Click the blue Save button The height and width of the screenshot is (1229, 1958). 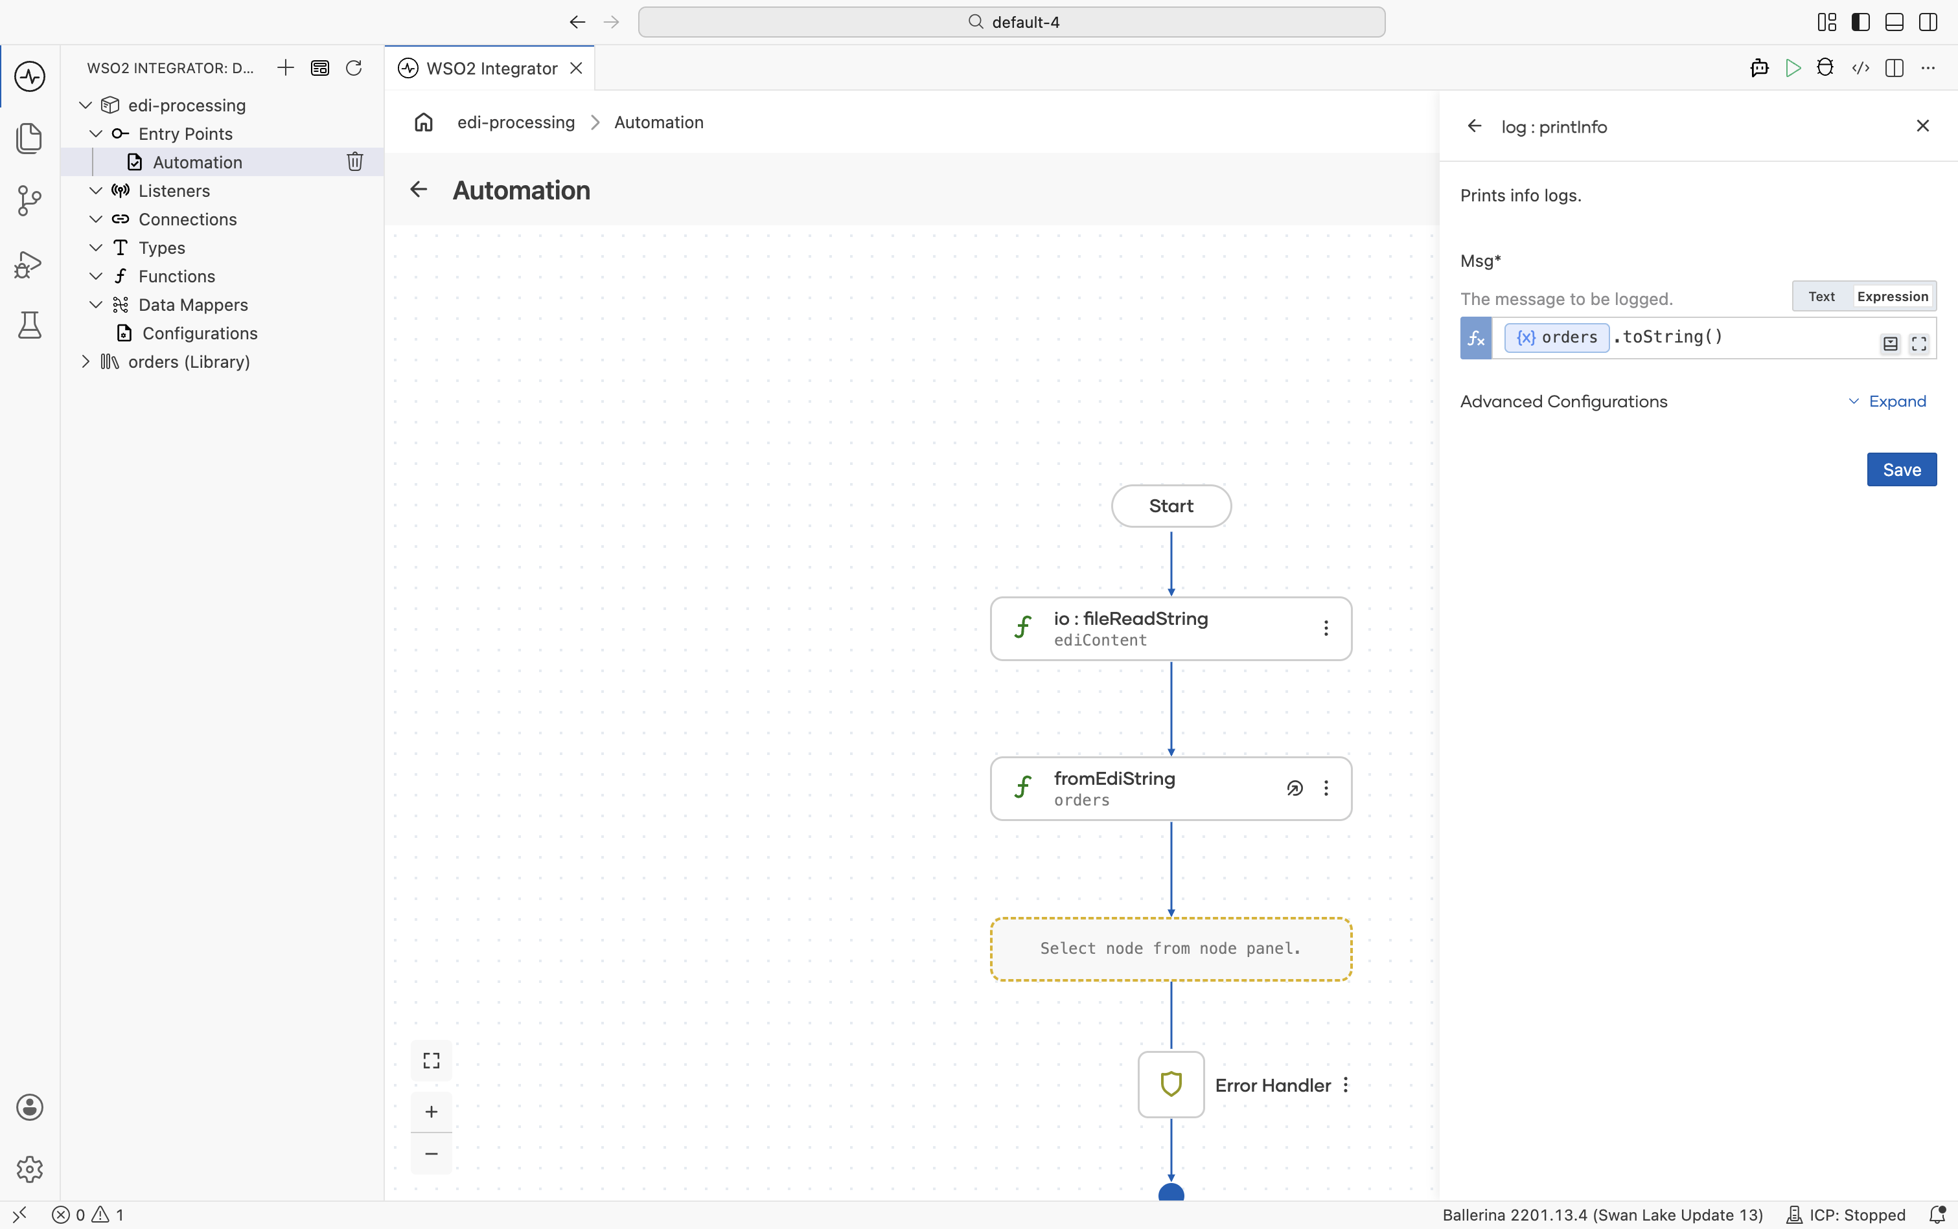point(1901,470)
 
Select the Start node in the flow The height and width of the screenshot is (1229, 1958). point(1171,506)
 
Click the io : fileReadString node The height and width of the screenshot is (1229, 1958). point(1171,628)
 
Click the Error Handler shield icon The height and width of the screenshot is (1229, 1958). point(1171,1085)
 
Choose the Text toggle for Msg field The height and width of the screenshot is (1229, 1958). point(1821,297)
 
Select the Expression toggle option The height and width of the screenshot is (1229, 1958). point(1892,297)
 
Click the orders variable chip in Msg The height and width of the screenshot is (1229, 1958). point(1556,337)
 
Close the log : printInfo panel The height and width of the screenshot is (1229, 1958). point(1922,126)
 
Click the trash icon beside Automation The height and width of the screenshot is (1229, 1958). point(354,162)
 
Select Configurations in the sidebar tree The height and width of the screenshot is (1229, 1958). point(199,333)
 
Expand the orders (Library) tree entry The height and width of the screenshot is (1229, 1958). point(86,362)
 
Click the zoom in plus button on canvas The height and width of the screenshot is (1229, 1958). point(431,1111)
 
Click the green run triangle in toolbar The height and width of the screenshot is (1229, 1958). point(1792,68)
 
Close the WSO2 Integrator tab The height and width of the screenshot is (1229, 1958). point(576,68)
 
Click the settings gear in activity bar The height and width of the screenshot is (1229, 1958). point(30,1169)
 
